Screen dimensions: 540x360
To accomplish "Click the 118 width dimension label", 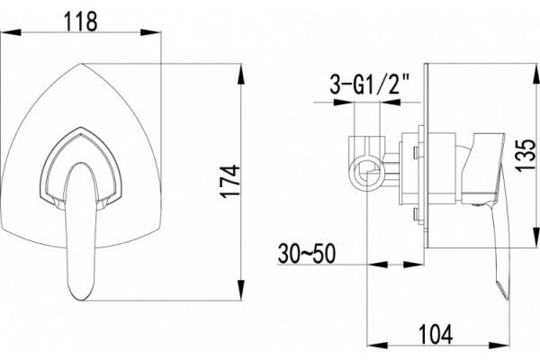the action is pyautogui.click(x=81, y=22).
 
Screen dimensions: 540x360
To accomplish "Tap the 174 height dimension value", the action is pyautogui.click(x=230, y=181).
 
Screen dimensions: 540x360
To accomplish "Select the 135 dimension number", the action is pyautogui.click(x=526, y=155).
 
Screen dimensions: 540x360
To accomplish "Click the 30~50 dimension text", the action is pyautogui.click(x=307, y=254).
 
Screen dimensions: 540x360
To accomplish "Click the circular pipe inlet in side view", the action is pyautogui.click(x=367, y=173).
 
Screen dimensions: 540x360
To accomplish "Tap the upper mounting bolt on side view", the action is pyautogui.click(x=417, y=153).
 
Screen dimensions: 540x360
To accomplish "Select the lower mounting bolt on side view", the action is pyautogui.click(x=417, y=214).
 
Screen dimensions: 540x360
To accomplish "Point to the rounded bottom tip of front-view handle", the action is pyautogui.click(x=81, y=299).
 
